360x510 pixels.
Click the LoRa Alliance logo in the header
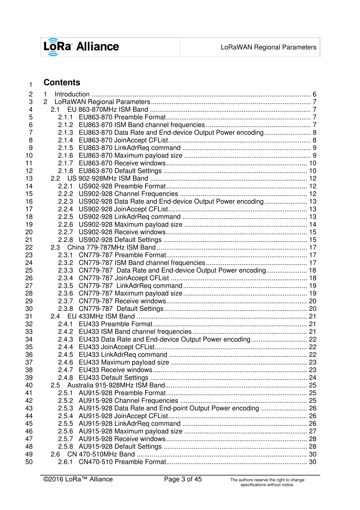click(x=81, y=47)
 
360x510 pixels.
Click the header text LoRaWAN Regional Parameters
click(x=268, y=47)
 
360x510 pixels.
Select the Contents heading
click(x=62, y=83)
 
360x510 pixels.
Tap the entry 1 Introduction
click(x=72, y=94)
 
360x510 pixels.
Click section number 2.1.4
click(x=66, y=140)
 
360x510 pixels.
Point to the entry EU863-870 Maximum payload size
click(x=130, y=155)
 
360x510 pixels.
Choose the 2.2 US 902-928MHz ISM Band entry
click(x=108, y=179)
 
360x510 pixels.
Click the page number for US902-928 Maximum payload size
click(x=313, y=224)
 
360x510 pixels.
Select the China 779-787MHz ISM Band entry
click(x=111, y=248)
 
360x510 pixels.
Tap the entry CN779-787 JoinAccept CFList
click(x=124, y=278)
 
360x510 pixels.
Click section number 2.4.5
click(x=66, y=355)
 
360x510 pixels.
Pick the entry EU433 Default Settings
click(x=113, y=378)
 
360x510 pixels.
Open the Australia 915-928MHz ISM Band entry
click(x=116, y=385)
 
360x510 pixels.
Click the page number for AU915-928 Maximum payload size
click(x=313, y=431)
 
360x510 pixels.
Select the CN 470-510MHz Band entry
click(x=101, y=454)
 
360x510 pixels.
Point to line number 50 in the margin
click(x=29, y=462)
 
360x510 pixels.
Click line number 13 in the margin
click(x=29, y=179)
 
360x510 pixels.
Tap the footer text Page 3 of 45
click(x=183, y=479)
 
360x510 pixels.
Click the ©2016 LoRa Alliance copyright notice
click(x=78, y=479)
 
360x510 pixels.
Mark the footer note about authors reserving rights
click(x=267, y=482)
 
